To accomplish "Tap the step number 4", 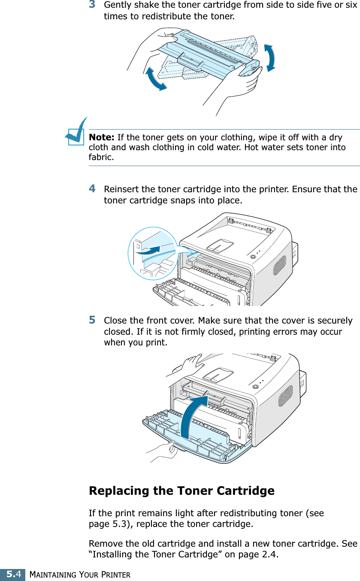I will tap(92, 188).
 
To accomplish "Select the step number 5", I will tap(92, 320).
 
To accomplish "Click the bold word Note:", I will tap(101, 137).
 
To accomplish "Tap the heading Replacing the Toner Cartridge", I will tap(182, 490).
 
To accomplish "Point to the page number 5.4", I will tap(12, 574).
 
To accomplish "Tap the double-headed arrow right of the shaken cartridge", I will tap(270, 57).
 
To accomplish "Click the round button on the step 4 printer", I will tap(252, 257).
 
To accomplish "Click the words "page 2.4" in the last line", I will tap(262, 556).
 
